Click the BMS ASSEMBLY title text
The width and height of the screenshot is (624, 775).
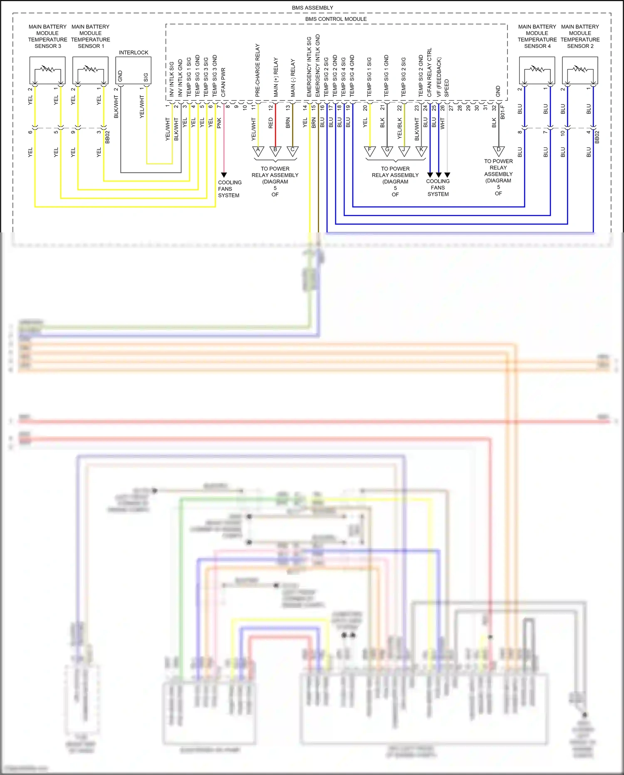click(312, 7)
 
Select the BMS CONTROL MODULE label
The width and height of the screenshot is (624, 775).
click(336, 19)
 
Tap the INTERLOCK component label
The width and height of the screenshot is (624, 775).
click(133, 52)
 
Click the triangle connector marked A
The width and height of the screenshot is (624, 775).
click(258, 151)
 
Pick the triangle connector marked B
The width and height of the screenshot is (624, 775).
click(275, 151)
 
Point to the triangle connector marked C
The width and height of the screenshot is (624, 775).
click(292, 151)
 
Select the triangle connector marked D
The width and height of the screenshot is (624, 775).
click(498, 151)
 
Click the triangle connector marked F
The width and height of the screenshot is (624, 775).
click(370, 151)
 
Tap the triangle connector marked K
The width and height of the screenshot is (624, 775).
click(421, 151)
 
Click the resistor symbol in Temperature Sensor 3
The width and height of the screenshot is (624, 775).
click(47, 68)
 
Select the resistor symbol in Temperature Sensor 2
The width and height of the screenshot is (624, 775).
click(580, 68)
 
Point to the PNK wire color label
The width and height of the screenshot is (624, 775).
click(219, 123)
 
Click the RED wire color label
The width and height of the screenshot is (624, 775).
click(271, 123)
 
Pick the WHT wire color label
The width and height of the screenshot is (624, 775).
click(443, 123)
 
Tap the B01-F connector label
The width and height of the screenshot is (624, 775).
click(503, 112)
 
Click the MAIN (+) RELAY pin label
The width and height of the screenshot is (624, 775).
click(276, 77)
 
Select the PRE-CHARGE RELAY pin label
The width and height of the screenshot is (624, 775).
click(258, 70)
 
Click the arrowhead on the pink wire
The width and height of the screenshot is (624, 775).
click(224, 175)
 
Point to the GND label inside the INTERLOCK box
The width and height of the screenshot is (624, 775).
click(120, 76)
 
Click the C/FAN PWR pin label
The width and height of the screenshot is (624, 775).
click(223, 82)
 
